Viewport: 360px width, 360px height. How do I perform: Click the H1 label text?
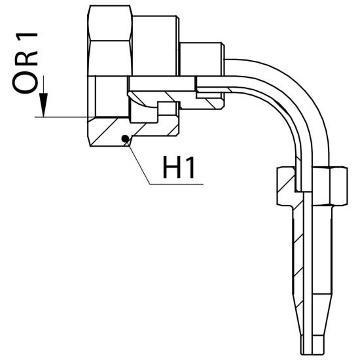click(x=179, y=168)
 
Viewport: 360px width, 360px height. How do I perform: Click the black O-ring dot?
click(x=125, y=139)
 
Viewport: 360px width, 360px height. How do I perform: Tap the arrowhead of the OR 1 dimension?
click(x=43, y=105)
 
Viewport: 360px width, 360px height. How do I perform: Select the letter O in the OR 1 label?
click(x=26, y=82)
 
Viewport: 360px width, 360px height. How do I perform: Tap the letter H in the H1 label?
click(x=171, y=168)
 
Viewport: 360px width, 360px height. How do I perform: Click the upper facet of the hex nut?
click(x=110, y=23)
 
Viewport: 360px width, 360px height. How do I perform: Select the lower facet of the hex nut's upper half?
click(x=110, y=58)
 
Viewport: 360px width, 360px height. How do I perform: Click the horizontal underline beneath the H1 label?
click(x=177, y=184)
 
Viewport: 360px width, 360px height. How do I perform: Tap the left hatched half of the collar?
click(x=286, y=186)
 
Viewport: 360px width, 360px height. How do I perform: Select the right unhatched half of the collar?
click(x=330, y=186)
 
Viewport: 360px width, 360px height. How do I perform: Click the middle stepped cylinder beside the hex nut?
click(x=155, y=46)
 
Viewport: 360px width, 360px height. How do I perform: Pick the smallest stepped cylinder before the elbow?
click(x=202, y=59)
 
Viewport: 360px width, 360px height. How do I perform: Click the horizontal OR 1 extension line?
click(x=64, y=117)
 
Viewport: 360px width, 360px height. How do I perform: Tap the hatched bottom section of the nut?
click(x=110, y=132)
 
